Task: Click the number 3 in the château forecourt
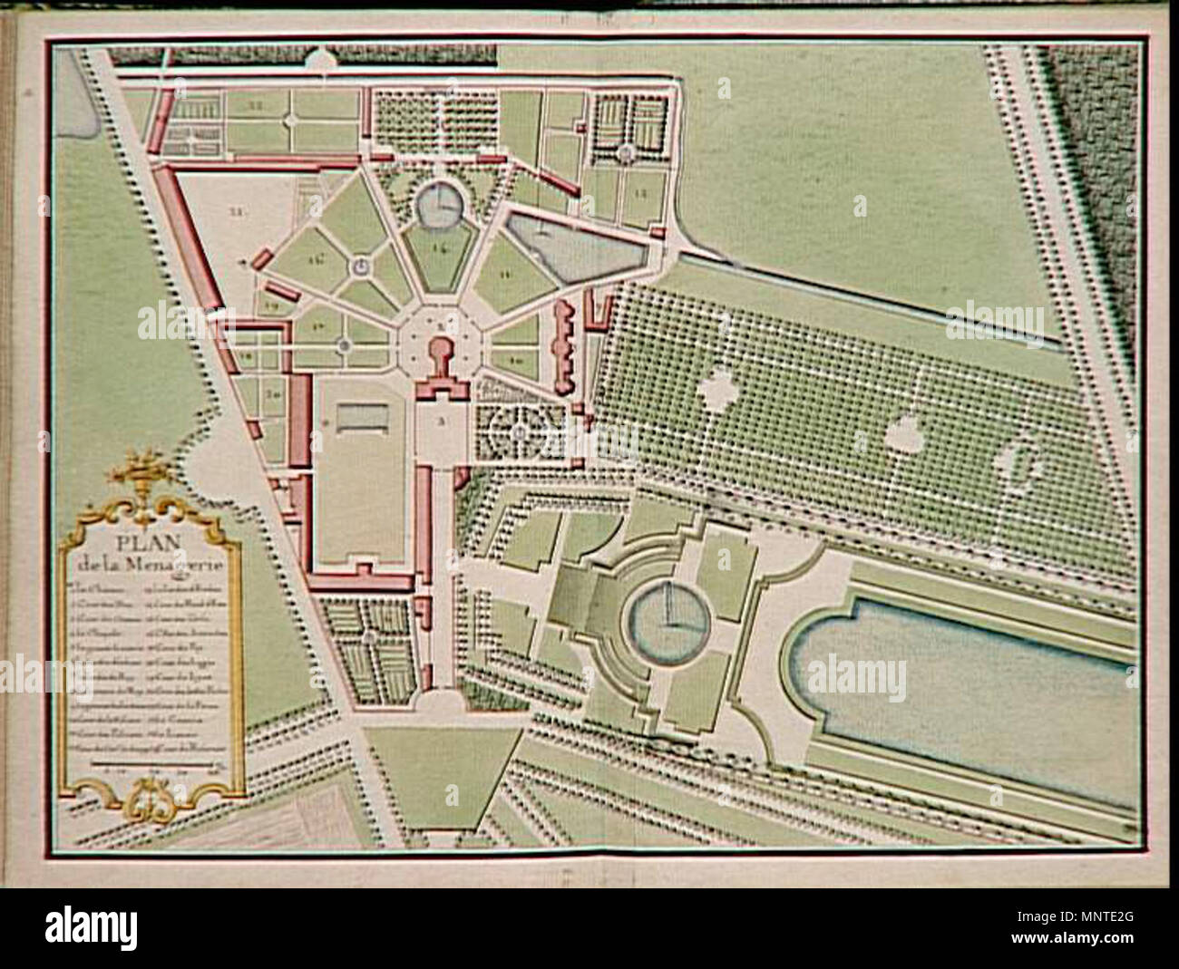click(x=440, y=422)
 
